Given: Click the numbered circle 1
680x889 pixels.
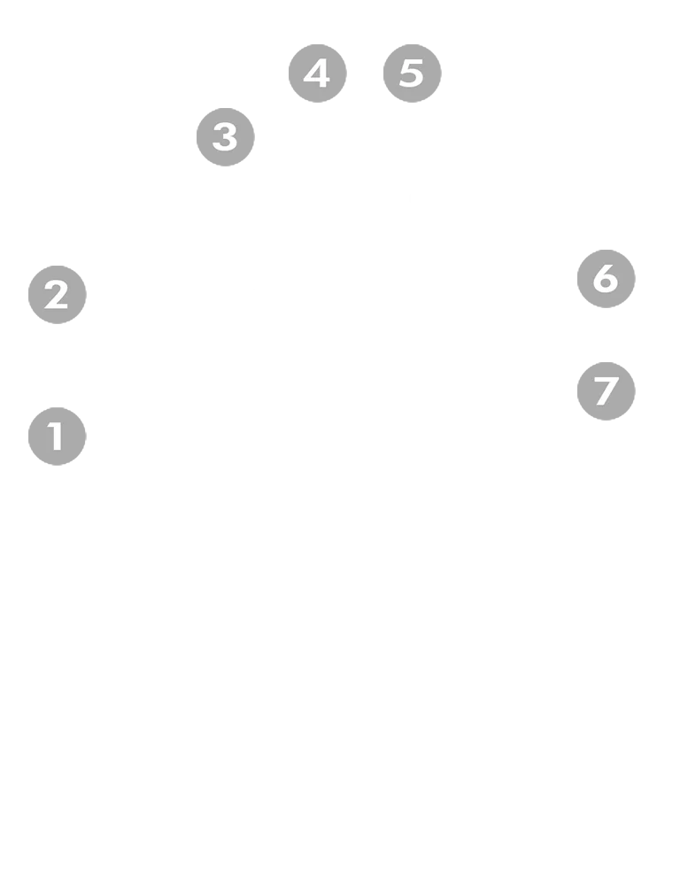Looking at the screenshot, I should coord(56,436).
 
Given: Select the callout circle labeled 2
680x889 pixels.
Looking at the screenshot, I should coord(57,294).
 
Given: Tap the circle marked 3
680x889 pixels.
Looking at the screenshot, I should coord(224,137).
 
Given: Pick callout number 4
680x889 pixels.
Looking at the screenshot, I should coord(316,73).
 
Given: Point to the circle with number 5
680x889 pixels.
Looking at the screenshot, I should coord(413,73).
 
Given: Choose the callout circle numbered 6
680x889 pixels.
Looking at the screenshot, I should coord(605,279).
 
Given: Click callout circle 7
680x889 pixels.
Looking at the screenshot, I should coord(606,390).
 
